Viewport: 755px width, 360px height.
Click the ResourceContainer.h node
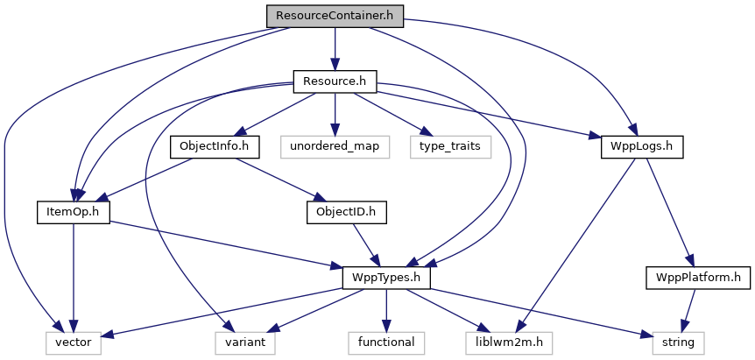334,16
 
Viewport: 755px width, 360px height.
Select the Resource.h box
334,81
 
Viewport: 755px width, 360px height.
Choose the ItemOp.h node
73,212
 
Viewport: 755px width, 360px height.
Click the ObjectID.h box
346,212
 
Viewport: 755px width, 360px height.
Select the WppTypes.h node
386,278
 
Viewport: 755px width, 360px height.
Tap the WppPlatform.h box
698,278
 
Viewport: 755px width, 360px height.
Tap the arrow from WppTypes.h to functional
386,310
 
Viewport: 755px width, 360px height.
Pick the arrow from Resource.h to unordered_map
335,114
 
